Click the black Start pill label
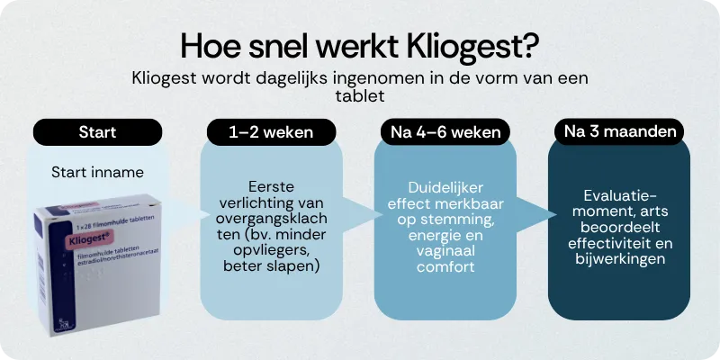(x=97, y=132)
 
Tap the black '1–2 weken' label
(x=271, y=132)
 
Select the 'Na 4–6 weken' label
(x=444, y=132)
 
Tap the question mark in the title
(x=530, y=46)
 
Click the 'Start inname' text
(x=97, y=172)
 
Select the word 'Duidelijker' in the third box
(x=444, y=189)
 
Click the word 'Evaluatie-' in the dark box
(x=620, y=196)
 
